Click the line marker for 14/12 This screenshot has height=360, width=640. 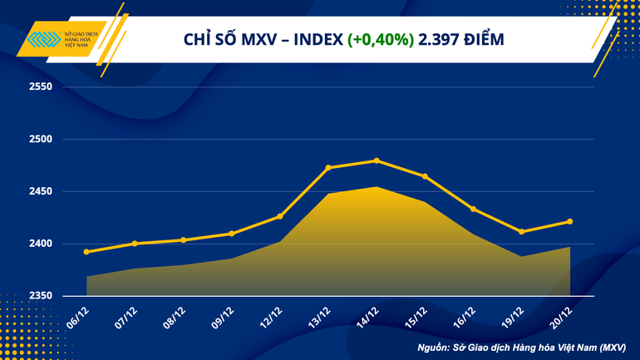pos(377,160)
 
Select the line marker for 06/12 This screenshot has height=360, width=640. pos(86,252)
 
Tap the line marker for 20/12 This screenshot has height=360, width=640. pos(570,221)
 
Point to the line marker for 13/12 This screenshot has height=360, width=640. pos(328,168)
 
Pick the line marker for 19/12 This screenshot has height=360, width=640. pos(521,232)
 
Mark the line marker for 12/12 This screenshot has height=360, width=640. pos(280,216)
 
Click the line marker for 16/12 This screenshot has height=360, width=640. pos(473,209)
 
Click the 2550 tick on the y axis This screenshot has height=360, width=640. pos(40,86)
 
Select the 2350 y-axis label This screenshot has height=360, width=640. pos(40,296)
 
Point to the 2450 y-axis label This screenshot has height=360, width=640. pos(40,191)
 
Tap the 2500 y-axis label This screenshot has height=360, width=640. pos(40,139)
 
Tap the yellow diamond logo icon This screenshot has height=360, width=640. pos(42,41)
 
